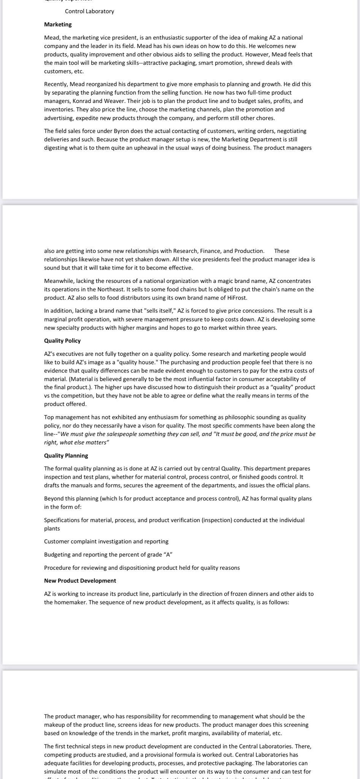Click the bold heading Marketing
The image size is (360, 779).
(x=58, y=24)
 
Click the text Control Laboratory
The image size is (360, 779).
(x=89, y=11)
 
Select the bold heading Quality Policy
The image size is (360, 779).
(x=62, y=340)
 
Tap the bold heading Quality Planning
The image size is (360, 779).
(x=66, y=455)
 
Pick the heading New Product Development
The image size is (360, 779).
(x=80, y=580)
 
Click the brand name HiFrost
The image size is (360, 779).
(x=237, y=297)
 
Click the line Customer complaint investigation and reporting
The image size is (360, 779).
(x=106, y=541)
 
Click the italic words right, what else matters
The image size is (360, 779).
(x=76, y=442)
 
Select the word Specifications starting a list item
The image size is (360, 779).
(x=62, y=520)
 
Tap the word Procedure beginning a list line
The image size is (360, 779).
(x=57, y=568)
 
